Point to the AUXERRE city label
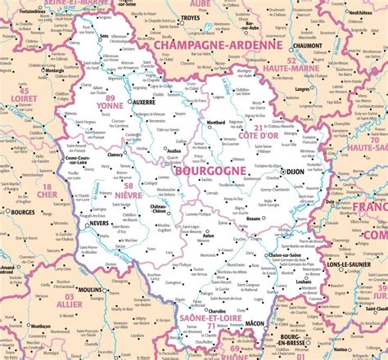tap(143, 103)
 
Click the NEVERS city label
tap(99, 223)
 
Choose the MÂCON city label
tap(255, 323)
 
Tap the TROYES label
tap(190, 16)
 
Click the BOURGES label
tap(21, 212)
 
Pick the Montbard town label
tap(215, 123)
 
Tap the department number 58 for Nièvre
tap(129, 187)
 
